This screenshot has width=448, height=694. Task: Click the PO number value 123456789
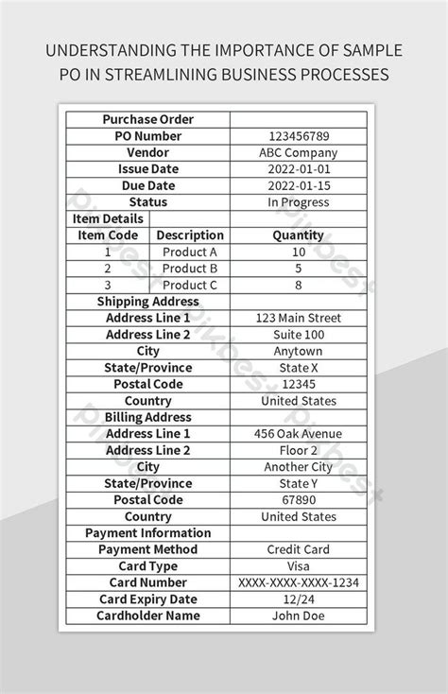298,136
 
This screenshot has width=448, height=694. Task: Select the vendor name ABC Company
298,153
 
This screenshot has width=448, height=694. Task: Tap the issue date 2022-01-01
298,169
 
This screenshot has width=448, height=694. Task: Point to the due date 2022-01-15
298,186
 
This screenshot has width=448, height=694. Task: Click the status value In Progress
298,202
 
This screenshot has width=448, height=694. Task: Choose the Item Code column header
108,235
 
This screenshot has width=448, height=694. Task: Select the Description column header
190,235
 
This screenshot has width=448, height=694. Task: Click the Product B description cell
190,269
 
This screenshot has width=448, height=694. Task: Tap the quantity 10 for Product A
298,252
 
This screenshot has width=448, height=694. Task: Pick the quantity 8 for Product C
298,286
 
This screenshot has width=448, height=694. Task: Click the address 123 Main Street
298,319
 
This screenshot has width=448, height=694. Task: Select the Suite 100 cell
298,335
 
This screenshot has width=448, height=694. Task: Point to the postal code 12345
298,385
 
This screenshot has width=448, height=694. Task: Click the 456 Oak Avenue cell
298,434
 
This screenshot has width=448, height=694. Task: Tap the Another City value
298,467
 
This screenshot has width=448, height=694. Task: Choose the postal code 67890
298,500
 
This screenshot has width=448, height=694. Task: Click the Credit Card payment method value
298,549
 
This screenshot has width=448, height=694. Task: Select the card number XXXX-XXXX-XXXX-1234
298,582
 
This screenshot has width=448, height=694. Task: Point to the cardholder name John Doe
298,616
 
